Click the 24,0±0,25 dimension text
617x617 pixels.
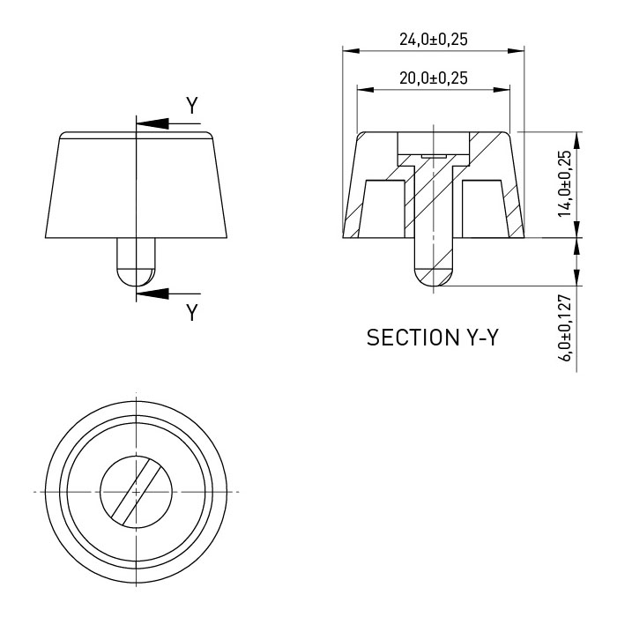[x=434, y=40]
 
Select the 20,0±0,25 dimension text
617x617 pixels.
[x=434, y=78]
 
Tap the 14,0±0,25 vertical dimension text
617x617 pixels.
[x=565, y=183]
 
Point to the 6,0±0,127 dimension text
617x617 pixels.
[x=565, y=328]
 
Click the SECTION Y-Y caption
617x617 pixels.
[x=433, y=338]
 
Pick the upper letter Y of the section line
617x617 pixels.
[x=192, y=106]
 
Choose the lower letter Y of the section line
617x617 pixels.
[x=192, y=312]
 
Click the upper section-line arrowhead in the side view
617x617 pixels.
[x=152, y=123]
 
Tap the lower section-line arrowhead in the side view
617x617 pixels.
[x=152, y=294]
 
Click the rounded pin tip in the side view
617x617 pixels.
[x=136, y=278]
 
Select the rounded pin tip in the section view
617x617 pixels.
[x=434, y=278]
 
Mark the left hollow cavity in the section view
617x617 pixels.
[x=383, y=209]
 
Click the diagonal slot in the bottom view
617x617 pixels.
[x=136, y=492]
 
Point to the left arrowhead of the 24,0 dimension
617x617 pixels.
[x=351, y=51]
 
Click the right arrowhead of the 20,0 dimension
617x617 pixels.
[x=502, y=90]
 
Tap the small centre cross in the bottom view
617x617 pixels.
[x=136, y=492]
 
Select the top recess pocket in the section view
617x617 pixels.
[x=434, y=143]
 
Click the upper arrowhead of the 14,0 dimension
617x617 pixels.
[x=576, y=140]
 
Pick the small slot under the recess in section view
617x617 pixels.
[x=434, y=156]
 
